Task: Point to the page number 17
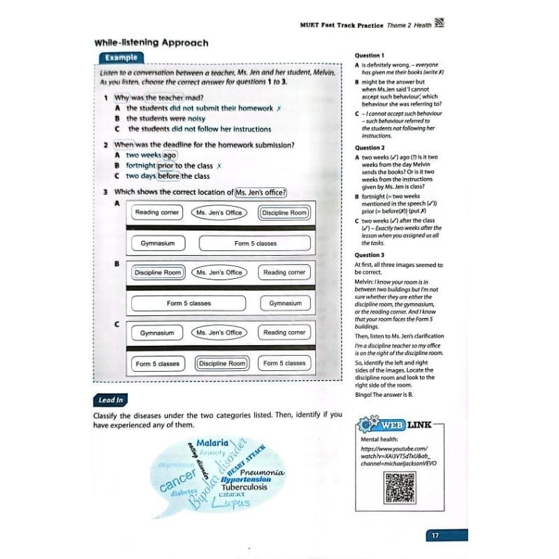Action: pyautogui.click(x=435, y=536)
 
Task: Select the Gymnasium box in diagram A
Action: pyautogui.click(x=152, y=244)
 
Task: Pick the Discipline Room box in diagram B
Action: pyautogui.click(x=157, y=273)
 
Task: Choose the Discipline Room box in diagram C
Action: pyautogui.click(x=222, y=363)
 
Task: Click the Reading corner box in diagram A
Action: pyautogui.click(x=157, y=212)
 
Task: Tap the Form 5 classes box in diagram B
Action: pyautogui.click(x=189, y=303)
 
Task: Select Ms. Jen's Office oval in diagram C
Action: pyautogui.click(x=219, y=333)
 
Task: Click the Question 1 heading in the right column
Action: pyautogui.click(x=369, y=55)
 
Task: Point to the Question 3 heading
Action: pyautogui.click(x=369, y=255)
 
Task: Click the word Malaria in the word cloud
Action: pyautogui.click(x=212, y=443)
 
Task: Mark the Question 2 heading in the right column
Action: pyautogui.click(x=369, y=148)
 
